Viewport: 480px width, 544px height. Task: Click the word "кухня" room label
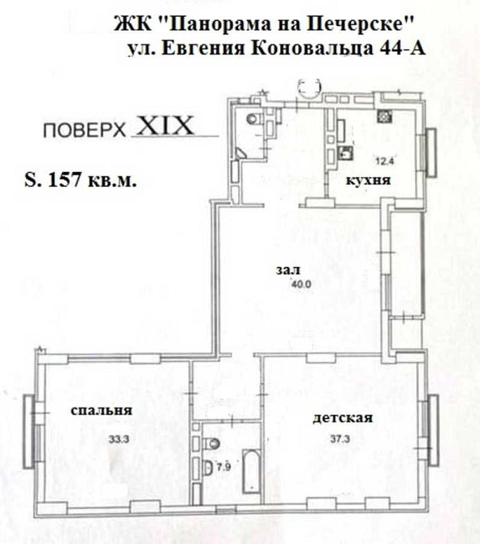pyautogui.click(x=365, y=183)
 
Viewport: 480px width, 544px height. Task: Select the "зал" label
pyautogui.click(x=281, y=270)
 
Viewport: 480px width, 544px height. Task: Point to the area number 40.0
pyautogui.click(x=280, y=283)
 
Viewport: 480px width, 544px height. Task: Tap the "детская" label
pyautogui.click(x=343, y=419)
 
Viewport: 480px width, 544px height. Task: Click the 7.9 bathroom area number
pyautogui.click(x=223, y=466)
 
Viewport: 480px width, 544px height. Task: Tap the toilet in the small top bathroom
pyautogui.click(x=253, y=120)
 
